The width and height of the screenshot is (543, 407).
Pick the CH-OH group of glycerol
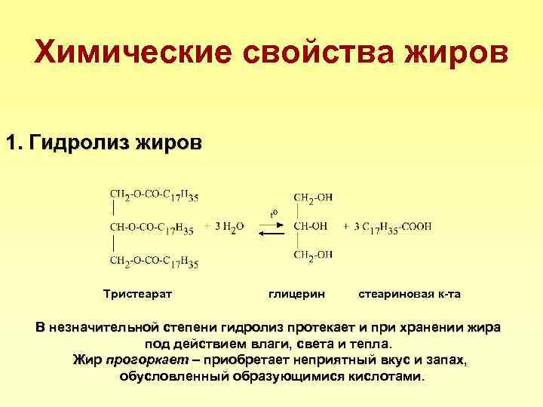coord(309,225)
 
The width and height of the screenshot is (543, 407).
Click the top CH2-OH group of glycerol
coord(312,198)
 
